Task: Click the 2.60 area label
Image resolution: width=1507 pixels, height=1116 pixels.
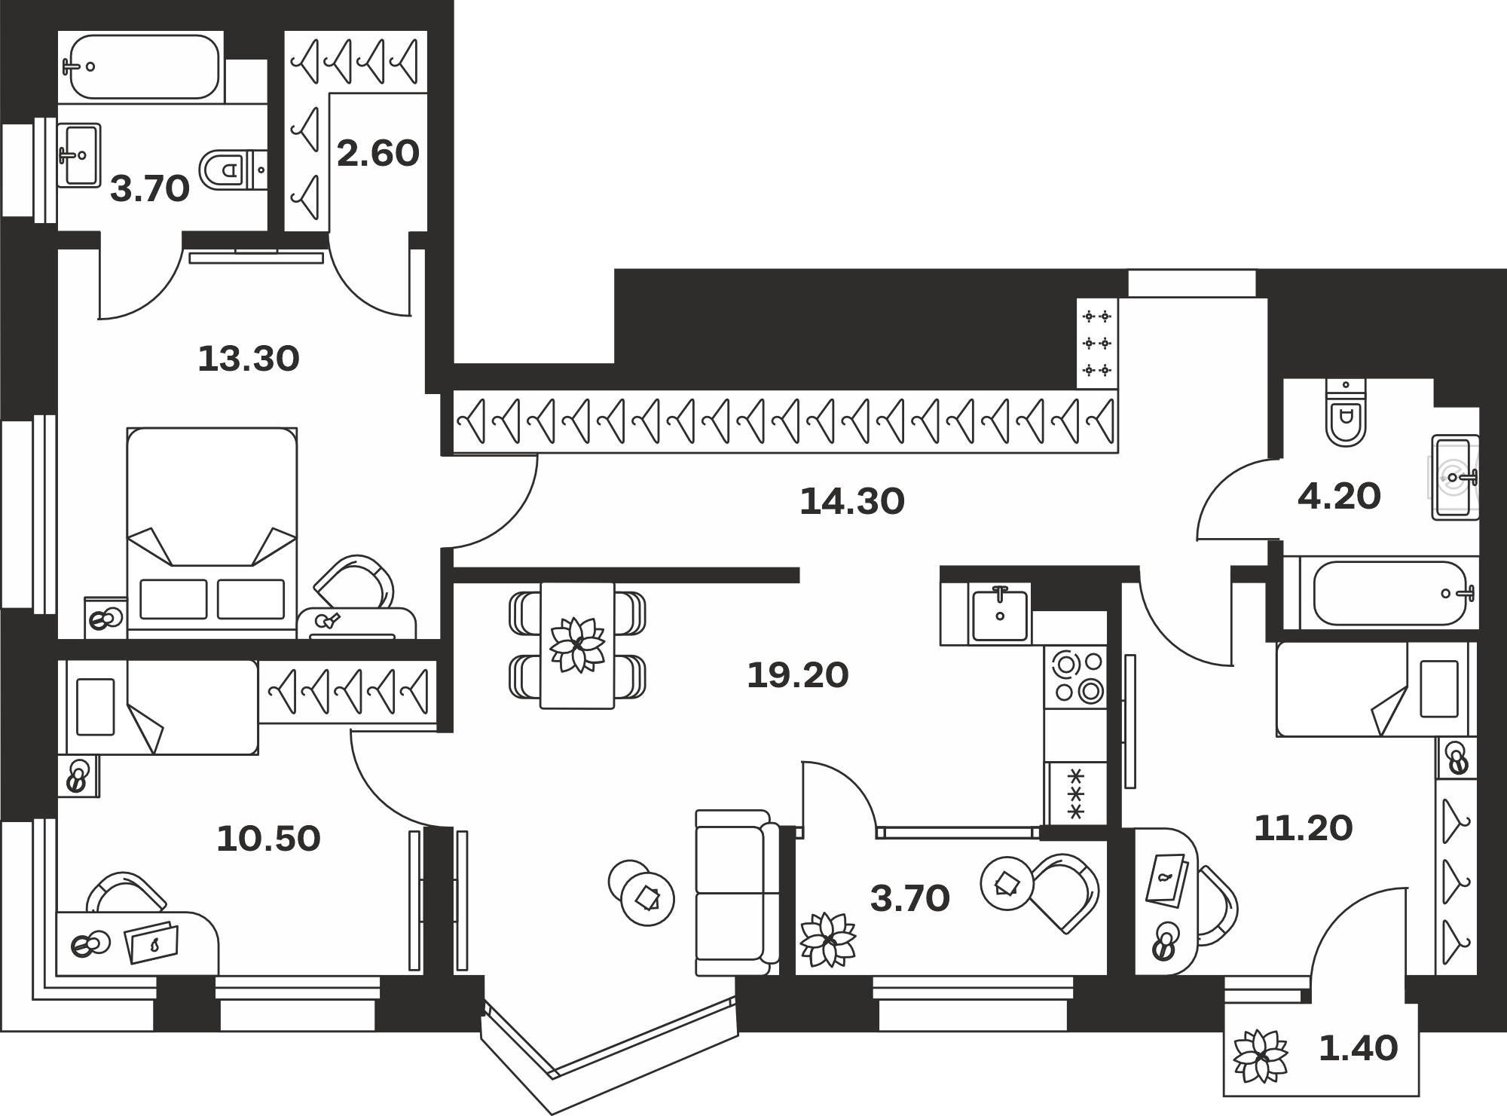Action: (378, 154)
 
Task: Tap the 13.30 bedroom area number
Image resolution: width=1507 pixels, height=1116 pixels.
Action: (249, 359)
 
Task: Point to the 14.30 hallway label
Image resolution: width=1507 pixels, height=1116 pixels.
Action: (851, 501)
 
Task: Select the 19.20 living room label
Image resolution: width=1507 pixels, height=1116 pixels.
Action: (798, 675)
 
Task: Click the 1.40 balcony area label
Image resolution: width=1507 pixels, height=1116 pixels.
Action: (1358, 1048)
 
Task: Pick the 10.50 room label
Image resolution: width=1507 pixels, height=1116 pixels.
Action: (268, 839)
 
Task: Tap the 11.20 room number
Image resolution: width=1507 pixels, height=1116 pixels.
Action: (1304, 828)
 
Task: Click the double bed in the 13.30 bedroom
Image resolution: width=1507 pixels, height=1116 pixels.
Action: (212, 533)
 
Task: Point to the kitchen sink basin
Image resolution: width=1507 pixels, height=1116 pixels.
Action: (1000, 616)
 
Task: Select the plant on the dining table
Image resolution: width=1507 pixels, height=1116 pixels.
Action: (577, 645)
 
